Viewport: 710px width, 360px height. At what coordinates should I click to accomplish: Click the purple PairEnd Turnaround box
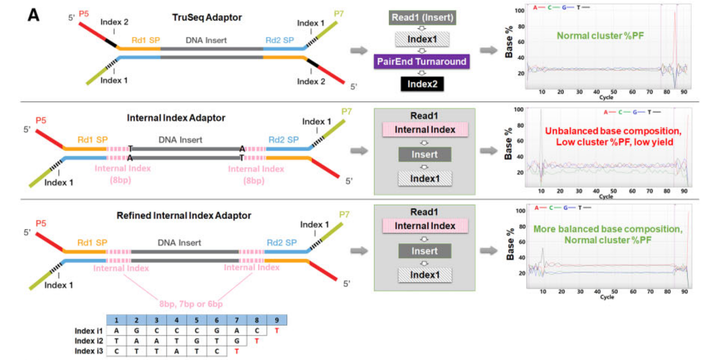[422, 62]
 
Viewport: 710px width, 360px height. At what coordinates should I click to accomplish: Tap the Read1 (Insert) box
[422, 18]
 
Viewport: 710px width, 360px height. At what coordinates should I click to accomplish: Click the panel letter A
[33, 16]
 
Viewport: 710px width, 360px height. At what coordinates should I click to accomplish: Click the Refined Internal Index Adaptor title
[184, 216]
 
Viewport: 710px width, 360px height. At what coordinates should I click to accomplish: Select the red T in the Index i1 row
[277, 331]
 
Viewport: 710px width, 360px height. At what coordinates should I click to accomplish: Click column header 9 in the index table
[277, 320]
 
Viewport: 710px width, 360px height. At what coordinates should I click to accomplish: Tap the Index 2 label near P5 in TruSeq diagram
[115, 23]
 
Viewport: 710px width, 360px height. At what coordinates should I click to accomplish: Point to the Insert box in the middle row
[424, 154]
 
